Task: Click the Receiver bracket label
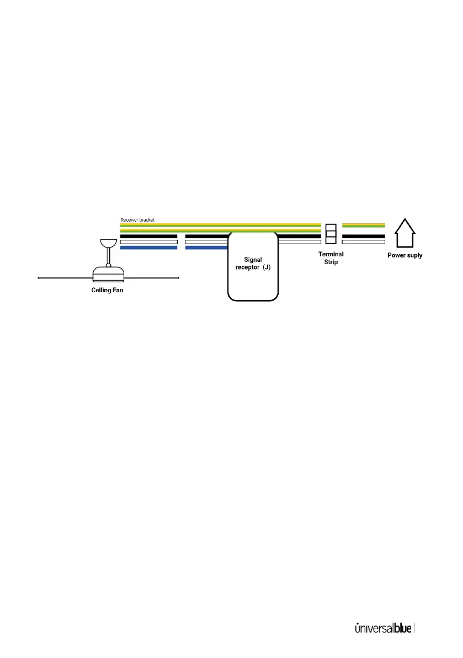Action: coord(137,220)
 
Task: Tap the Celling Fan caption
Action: coord(107,290)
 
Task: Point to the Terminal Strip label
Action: coord(331,258)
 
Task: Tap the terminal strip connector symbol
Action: coord(331,234)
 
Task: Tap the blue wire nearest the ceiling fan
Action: coord(148,248)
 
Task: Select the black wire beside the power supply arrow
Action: coord(363,236)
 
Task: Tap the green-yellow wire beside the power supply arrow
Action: coord(363,225)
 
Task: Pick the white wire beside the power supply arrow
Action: coord(363,242)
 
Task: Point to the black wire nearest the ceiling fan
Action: coord(148,236)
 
